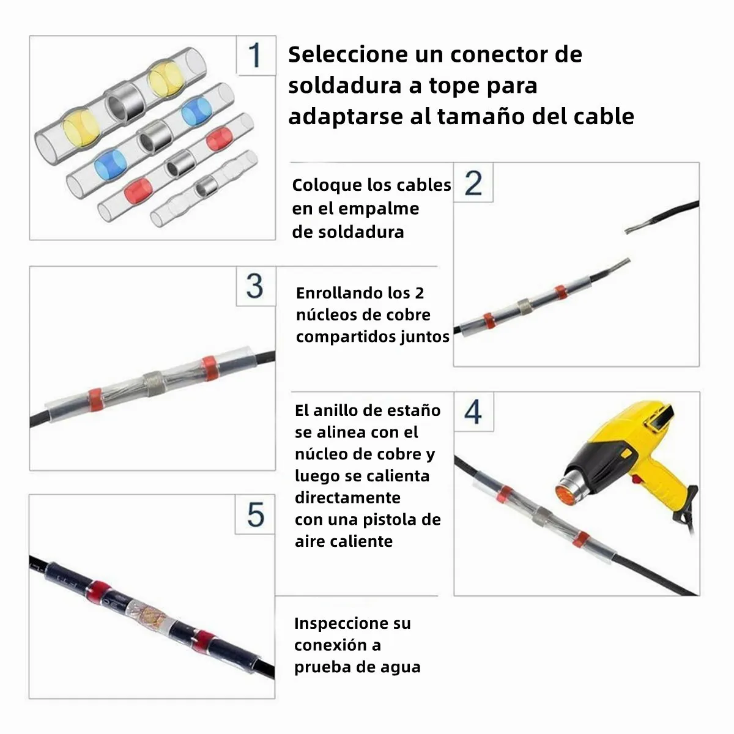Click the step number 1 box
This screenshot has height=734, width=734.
(x=256, y=55)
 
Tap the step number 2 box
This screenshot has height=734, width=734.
(x=473, y=183)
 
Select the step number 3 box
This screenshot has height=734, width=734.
(x=255, y=286)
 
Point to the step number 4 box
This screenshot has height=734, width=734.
(x=473, y=412)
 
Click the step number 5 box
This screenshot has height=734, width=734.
(x=255, y=514)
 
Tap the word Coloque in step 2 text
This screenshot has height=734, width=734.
(x=327, y=185)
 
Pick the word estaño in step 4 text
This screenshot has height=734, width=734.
(x=414, y=410)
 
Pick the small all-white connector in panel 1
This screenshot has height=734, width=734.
(x=205, y=188)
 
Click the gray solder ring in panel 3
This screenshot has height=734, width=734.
(x=153, y=382)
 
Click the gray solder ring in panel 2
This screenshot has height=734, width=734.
(x=524, y=305)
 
